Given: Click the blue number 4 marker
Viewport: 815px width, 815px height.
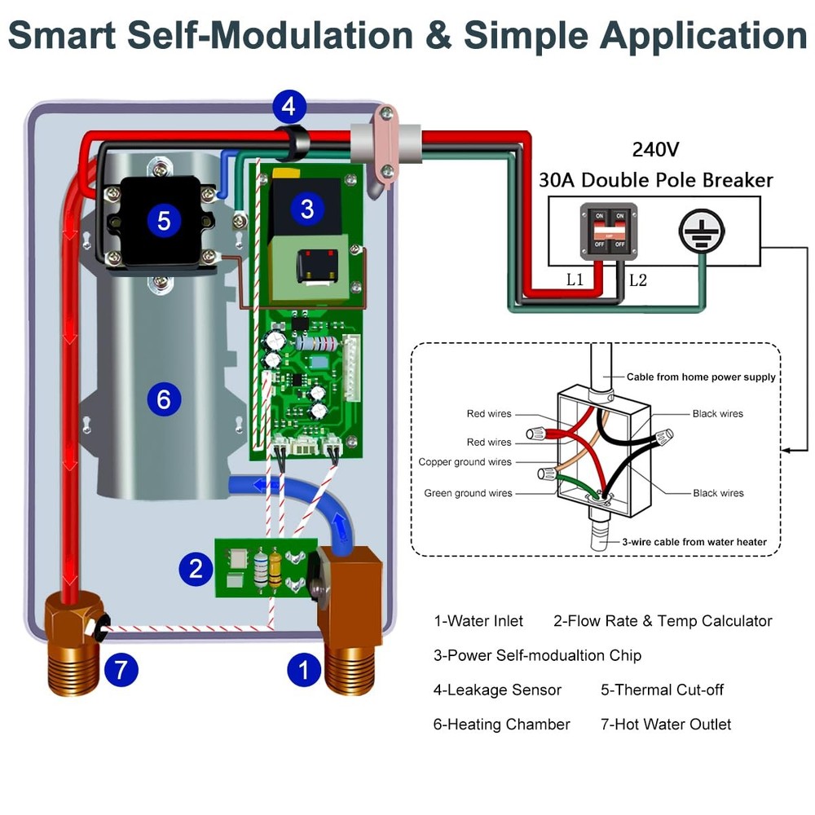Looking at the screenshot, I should point(289,106).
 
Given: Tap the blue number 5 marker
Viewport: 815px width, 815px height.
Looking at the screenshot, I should point(164,220).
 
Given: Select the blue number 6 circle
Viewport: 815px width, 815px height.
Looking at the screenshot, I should point(164,399).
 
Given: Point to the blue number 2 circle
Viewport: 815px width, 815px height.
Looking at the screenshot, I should point(196,568).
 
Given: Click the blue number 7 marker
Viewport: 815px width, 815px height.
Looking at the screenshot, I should point(121,671).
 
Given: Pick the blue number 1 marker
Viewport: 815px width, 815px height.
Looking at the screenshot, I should point(304,671).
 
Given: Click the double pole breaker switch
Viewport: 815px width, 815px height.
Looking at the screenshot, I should point(608,232).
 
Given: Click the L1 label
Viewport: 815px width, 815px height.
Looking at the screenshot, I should point(575,280).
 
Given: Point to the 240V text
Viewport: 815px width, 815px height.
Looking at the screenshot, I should point(655,150).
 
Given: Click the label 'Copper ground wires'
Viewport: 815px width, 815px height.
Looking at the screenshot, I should point(465,462).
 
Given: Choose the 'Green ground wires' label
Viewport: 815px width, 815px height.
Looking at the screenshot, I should point(468,493).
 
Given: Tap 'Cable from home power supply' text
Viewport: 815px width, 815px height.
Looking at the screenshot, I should point(701,377).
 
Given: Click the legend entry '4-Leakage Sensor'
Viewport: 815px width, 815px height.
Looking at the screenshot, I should point(497,690).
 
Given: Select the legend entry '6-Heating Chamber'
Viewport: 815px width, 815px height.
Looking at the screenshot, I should point(501,725).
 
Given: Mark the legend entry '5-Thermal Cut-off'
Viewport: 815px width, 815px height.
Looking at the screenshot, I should point(662,690).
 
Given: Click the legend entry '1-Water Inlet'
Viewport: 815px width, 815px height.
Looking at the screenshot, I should point(478,621).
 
